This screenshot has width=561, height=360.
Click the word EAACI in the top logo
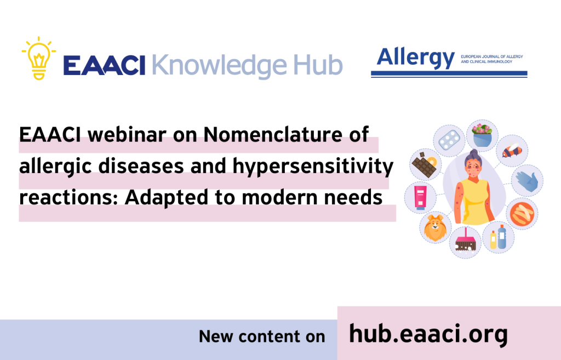point(104,65)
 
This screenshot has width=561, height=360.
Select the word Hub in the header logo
point(317,65)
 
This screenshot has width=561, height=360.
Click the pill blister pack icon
point(448,140)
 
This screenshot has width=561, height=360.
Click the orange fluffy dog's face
point(435,226)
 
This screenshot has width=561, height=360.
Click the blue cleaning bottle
point(502,236)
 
